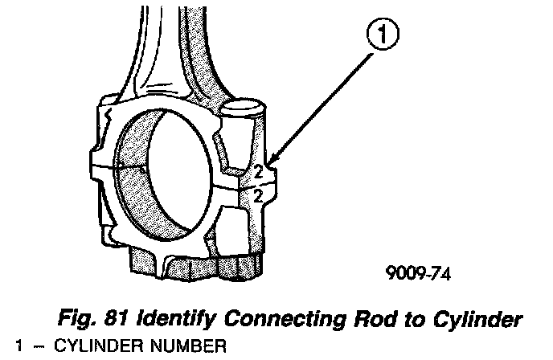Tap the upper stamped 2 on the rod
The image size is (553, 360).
click(x=259, y=170)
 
